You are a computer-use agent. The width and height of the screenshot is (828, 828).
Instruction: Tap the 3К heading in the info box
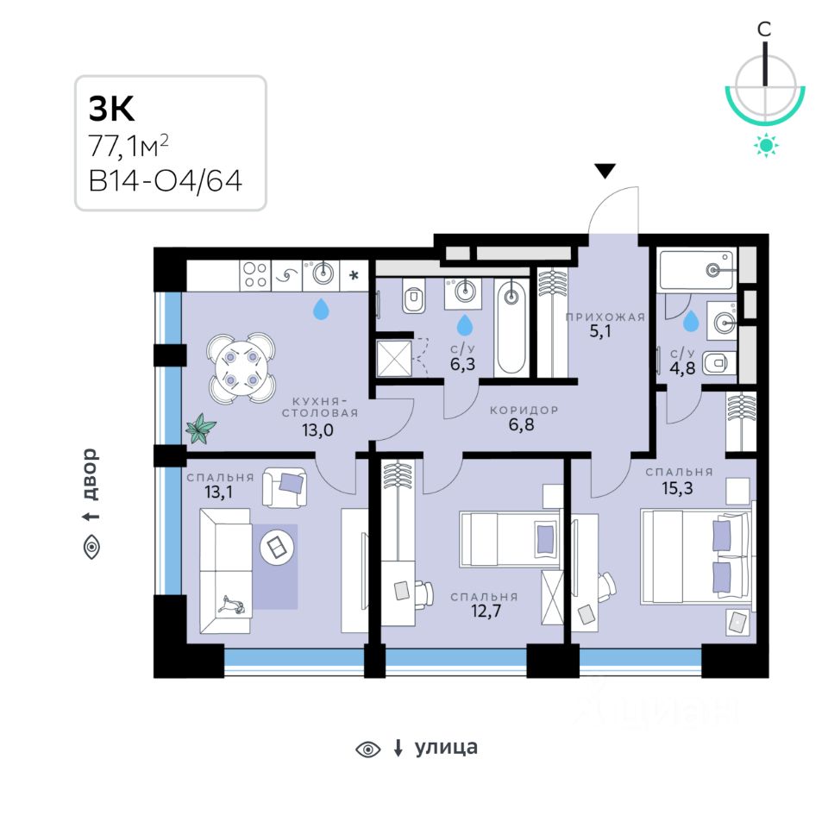[x=111, y=109]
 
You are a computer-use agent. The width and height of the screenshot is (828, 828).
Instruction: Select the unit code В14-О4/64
[x=164, y=182]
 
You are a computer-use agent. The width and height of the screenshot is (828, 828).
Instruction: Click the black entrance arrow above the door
[x=606, y=171]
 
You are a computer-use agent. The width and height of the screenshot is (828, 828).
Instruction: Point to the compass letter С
[x=764, y=29]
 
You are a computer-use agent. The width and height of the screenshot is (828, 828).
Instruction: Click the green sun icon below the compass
[x=765, y=145]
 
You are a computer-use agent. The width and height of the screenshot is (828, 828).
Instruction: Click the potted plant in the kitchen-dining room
[x=202, y=427]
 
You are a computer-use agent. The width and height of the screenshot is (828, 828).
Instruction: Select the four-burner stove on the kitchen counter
[x=254, y=274]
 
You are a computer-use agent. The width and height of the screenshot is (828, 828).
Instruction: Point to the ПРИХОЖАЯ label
[x=605, y=317]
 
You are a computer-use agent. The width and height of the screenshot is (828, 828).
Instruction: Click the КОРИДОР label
[x=524, y=410]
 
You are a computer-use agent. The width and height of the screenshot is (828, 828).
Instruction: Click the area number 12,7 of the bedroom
[x=484, y=613]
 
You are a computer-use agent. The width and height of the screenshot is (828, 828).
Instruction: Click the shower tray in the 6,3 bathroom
[x=393, y=358]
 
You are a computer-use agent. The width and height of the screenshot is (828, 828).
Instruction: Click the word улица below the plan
[x=446, y=748]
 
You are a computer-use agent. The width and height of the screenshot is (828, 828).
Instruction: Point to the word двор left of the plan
[x=91, y=474]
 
